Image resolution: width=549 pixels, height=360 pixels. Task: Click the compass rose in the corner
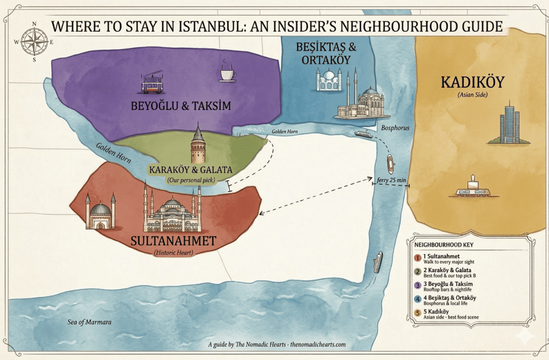point(34,41)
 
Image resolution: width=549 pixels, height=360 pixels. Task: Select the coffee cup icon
point(227,74)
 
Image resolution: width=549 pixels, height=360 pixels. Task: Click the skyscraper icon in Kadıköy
point(509,124)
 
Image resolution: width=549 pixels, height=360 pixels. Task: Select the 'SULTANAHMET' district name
point(173,241)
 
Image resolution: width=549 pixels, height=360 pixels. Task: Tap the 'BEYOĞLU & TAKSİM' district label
point(181,106)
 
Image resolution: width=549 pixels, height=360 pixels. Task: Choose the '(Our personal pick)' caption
point(191,180)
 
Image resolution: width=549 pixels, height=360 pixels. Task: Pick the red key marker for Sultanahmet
point(418,257)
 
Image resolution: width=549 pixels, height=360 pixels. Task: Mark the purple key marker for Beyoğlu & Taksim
point(418,285)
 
